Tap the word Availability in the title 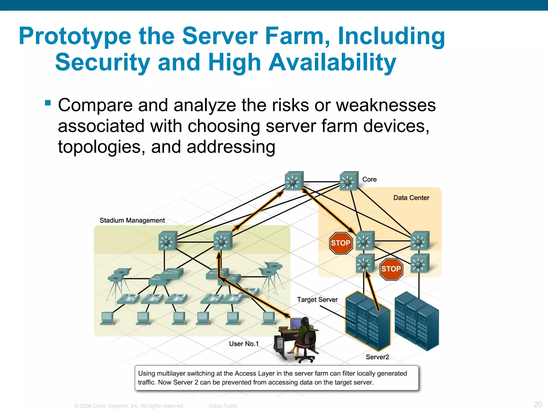pyautogui.click(x=332, y=62)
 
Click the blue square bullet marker pyautogui.click(x=48, y=103)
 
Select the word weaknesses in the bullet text pyautogui.click(x=386, y=105)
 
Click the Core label pyautogui.click(x=369, y=179)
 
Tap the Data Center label pyautogui.click(x=411, y=198)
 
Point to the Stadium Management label pyautogui.click(x=132, y=220)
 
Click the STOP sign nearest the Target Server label pyautogui.click(x=340, y=243)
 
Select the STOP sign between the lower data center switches pyautogui.click(x=391, y=269)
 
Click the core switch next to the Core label pyautogui.click(x=349, y=181)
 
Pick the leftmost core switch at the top pyautogui.click(x=294, y=181)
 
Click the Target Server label pyautogui.click(x=317, y=299)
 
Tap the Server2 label pyautogui.click(x=377, y=357)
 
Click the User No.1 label pyautogui.click(x=244, y=344)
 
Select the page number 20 pyautogui.click(x=538, y=404)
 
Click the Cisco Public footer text pyautogui.click(x=223, y=406)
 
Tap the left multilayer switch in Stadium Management pyautogui.click(x=168, y=241)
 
